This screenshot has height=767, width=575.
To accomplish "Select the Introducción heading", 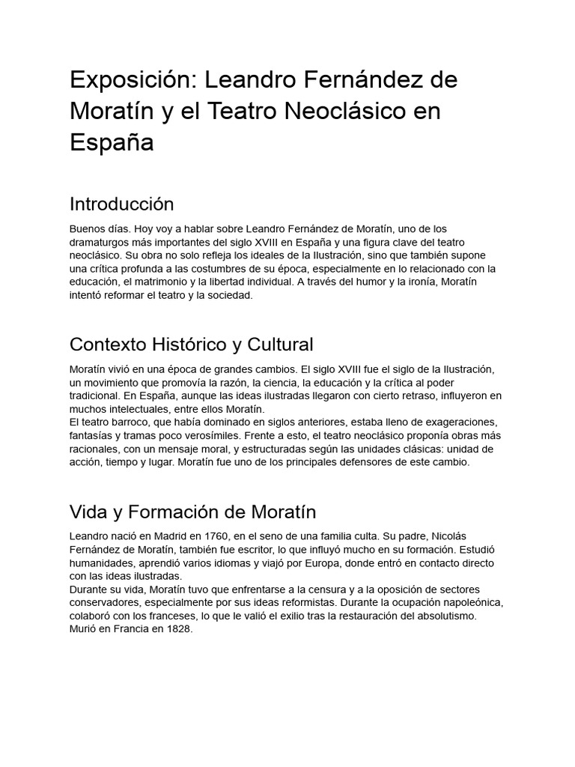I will (x=121, y=204).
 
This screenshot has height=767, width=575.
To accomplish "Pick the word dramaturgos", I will (x=103, y=242).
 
